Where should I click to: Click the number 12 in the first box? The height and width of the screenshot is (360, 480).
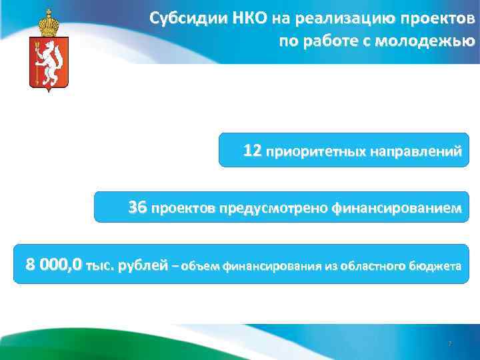point(252,151)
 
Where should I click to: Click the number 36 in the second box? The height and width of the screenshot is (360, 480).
point(137,208)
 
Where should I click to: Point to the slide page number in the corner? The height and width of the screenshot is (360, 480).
point(449,344)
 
